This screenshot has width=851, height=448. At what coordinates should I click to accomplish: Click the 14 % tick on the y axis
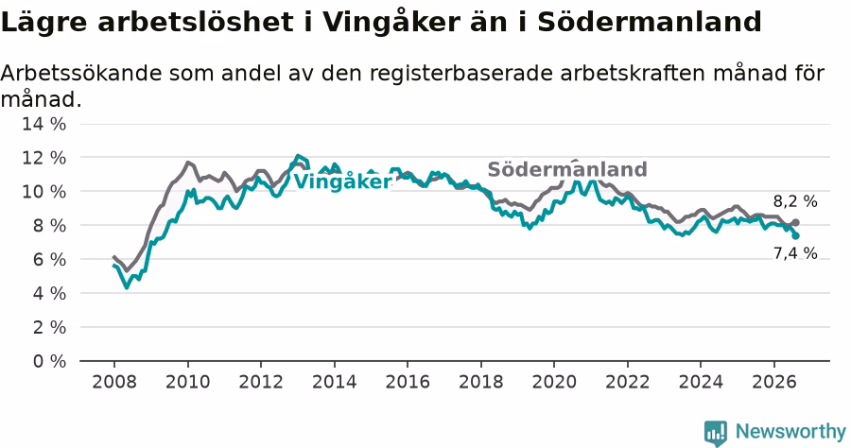43,124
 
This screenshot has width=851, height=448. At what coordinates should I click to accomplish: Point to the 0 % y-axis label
49,361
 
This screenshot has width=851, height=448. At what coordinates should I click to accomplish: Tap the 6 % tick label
49,259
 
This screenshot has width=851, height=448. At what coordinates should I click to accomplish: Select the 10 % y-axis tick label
43,192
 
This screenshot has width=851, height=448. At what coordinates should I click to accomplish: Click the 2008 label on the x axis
114,382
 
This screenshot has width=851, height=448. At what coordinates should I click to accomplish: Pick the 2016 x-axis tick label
408,382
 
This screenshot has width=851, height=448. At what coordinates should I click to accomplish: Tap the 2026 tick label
773,382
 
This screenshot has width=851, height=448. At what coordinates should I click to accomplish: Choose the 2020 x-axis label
554,382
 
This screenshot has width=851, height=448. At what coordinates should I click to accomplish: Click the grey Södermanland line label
567,169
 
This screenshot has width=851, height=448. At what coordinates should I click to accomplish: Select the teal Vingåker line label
343,181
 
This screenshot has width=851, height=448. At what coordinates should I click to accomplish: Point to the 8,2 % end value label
795,201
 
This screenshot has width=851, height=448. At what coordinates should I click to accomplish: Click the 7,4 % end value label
795,253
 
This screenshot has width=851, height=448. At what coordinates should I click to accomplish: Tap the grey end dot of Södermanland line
795,222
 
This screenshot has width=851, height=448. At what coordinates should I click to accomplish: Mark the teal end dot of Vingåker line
795,236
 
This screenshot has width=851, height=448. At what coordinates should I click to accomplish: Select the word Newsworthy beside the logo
790,432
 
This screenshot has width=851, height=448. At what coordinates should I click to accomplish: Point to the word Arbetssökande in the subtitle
81,73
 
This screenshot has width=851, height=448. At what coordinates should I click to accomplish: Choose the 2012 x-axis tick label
261,382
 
